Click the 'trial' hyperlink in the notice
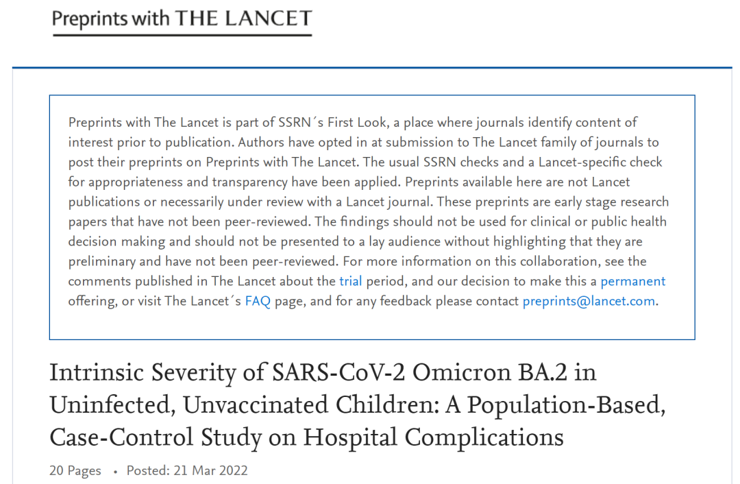tap(351, 281)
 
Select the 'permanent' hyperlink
tap(632, 281)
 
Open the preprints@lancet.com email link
tap(589, 301)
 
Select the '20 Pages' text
tap(75, 470)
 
